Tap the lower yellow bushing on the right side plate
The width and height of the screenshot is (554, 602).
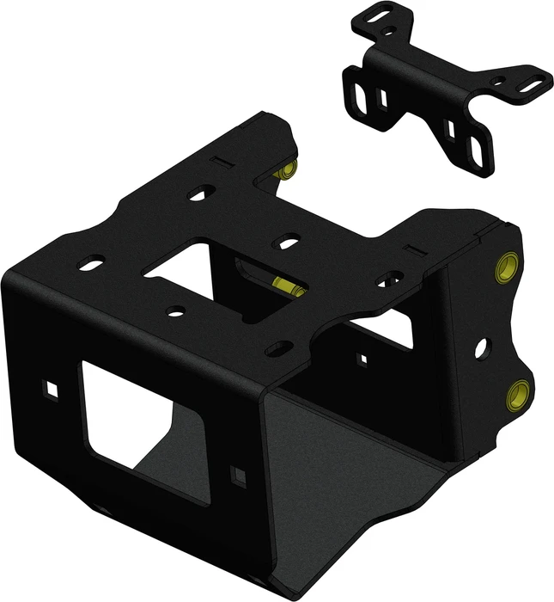(x=518, y=394)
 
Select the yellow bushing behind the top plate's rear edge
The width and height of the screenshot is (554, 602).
(x=287, y=168)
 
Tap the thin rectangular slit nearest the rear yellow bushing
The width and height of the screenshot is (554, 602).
(x=222, y=161)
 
